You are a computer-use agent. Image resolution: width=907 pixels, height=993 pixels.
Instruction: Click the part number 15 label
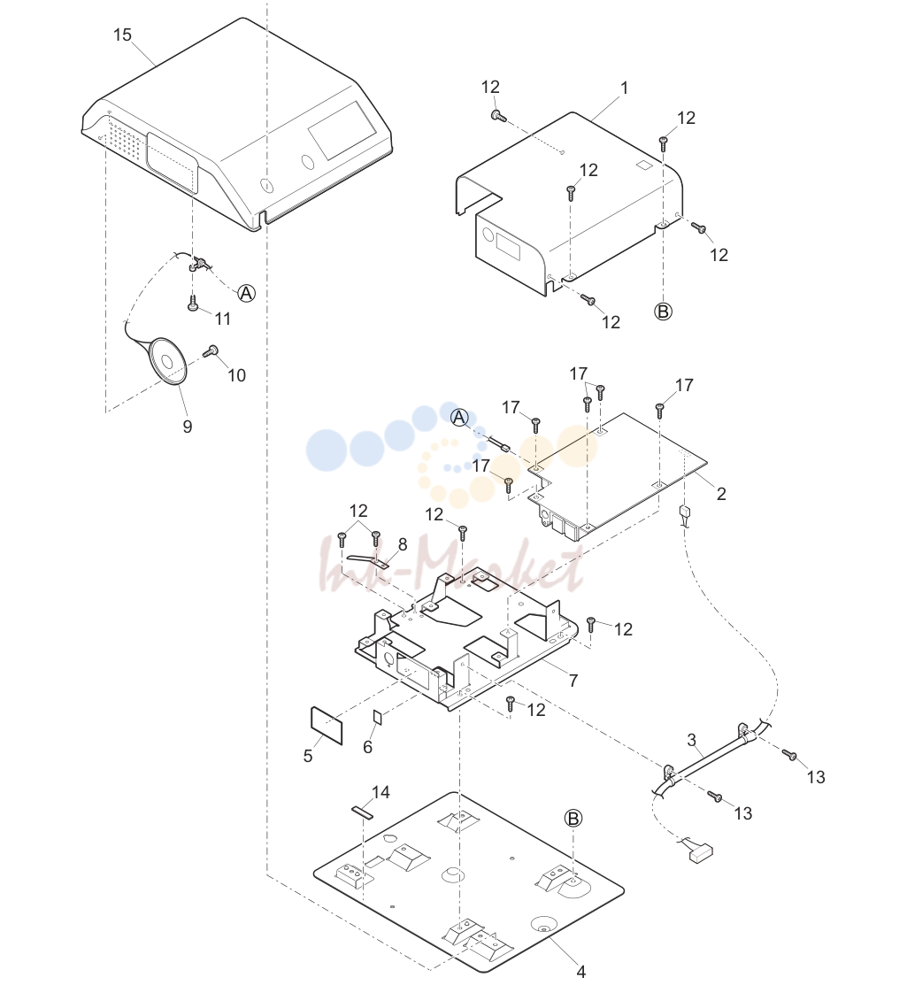pos(122,35)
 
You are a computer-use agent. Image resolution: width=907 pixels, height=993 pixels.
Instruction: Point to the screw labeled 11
pos(193,304)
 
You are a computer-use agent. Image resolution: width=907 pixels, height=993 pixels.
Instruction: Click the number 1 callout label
pos(624,88)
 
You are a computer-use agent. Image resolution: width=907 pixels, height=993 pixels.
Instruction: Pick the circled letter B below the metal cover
pos(663,312)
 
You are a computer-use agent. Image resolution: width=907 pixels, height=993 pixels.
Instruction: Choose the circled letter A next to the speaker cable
pos(246,293)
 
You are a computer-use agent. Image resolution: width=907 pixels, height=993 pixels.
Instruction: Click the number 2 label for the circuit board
pos(721,494)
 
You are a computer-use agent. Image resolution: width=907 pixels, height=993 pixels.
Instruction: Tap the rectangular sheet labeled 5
pos(327,725)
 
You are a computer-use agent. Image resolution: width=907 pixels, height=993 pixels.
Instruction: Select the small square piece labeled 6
pos(378,717)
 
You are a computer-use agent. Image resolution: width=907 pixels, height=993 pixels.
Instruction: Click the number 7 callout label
pos(573,681)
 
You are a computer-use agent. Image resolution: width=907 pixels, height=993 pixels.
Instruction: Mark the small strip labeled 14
pos(363,812)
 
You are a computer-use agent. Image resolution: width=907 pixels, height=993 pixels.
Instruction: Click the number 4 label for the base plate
pos(580,972)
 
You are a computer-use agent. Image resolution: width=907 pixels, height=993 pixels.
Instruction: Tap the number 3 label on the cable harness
pos(692,740)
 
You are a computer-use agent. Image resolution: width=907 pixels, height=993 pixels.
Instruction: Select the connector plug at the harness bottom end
pos(701,856)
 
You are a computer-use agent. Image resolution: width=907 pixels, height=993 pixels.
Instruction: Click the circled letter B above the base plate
pos(573,819)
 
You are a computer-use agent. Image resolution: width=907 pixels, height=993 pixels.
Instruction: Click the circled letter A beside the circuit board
pos(460,418)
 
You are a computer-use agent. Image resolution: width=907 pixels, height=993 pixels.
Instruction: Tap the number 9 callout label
pos(188,427)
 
